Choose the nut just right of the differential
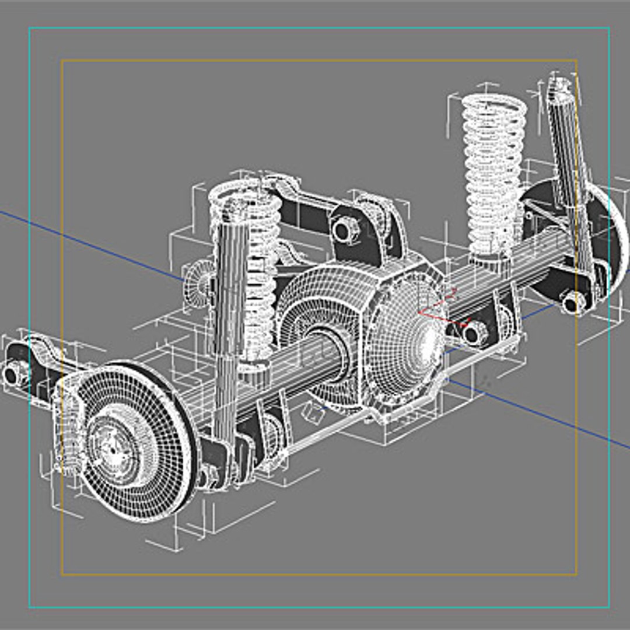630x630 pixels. click(x=475, y=333)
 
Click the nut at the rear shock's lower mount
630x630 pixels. click(x=573, y=301)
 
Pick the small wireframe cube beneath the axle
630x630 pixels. click(x=313, y=415)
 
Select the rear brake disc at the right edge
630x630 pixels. click(x=601, y=233)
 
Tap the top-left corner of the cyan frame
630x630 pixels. click(x=30, y=28)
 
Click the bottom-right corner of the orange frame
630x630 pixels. click(x=576, y=575)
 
